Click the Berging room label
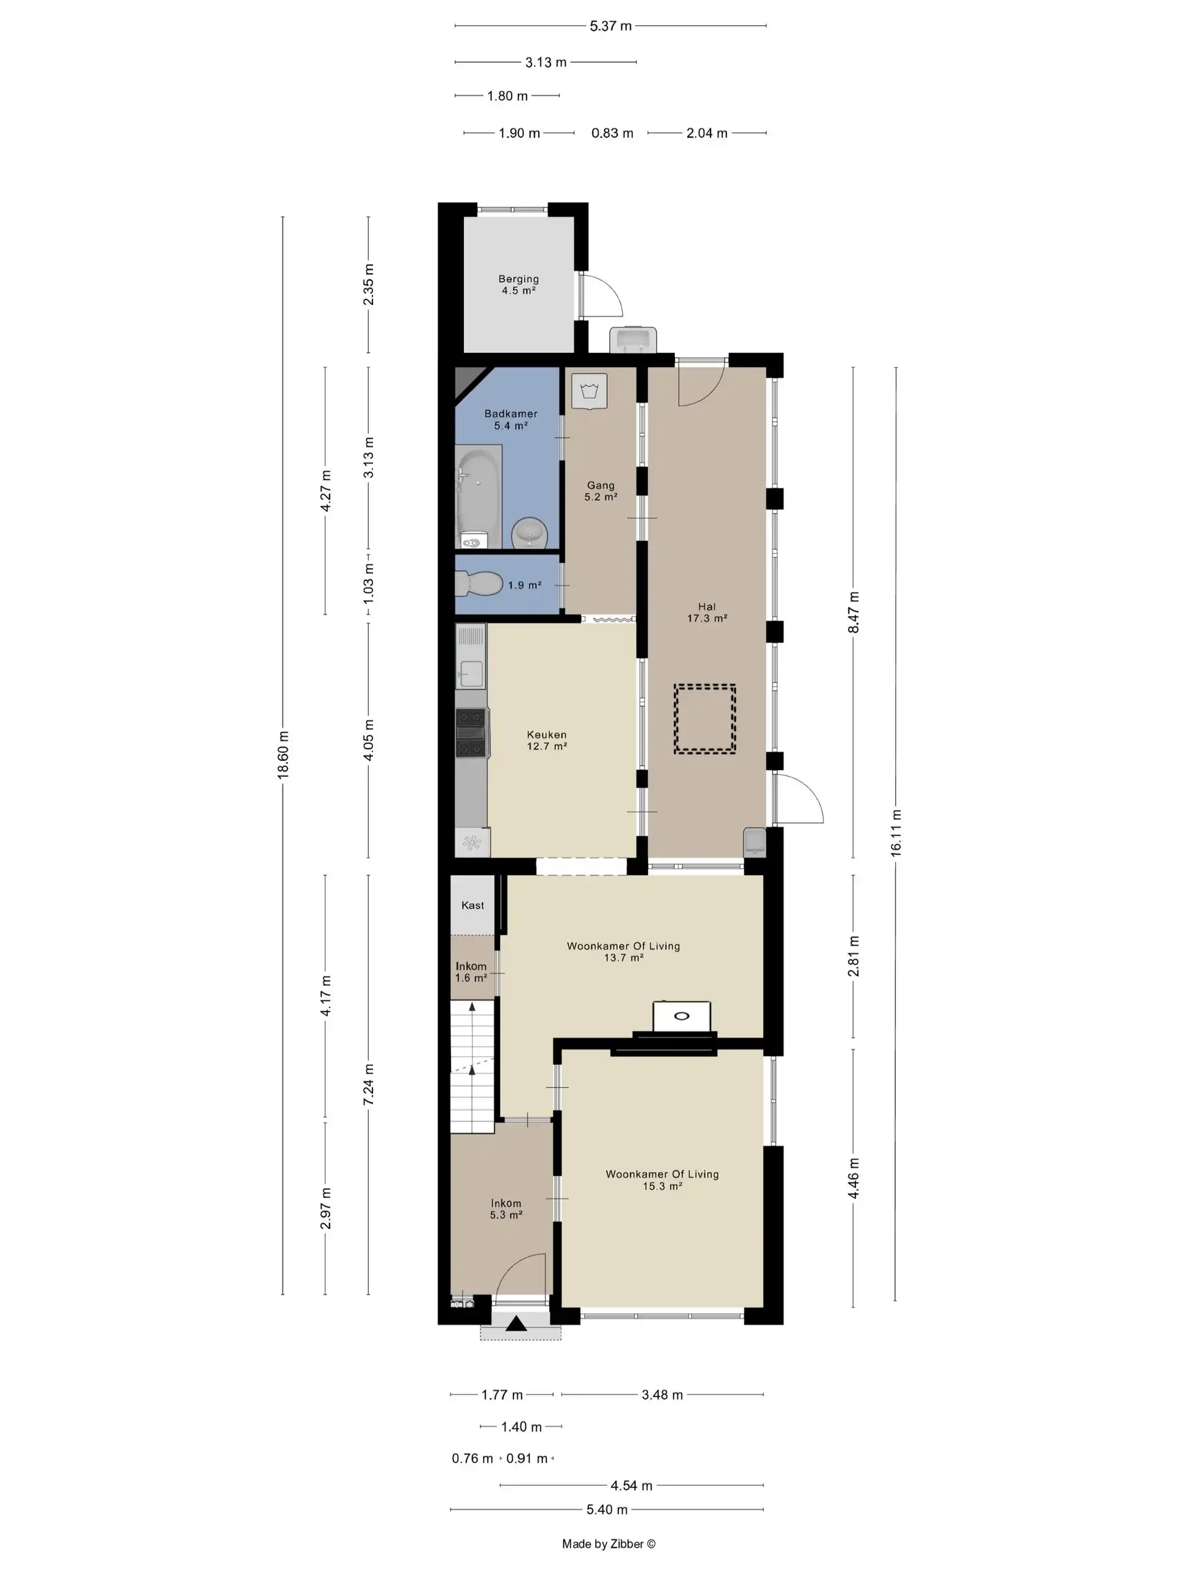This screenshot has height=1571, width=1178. coord(518,279)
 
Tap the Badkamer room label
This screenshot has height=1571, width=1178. coord(510,414)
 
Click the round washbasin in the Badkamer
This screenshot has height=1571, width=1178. coord(529,533)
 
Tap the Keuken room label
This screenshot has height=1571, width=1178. coord(547,735)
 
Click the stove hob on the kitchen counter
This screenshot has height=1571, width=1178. coord(471,733)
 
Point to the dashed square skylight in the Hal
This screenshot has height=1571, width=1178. coord(704,718)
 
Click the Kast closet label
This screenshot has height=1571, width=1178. coord(473,905)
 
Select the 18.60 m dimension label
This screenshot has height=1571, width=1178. coord(283,755)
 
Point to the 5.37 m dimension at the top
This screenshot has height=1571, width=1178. coord(610,26)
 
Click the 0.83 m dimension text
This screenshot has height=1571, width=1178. coord(612,133)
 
